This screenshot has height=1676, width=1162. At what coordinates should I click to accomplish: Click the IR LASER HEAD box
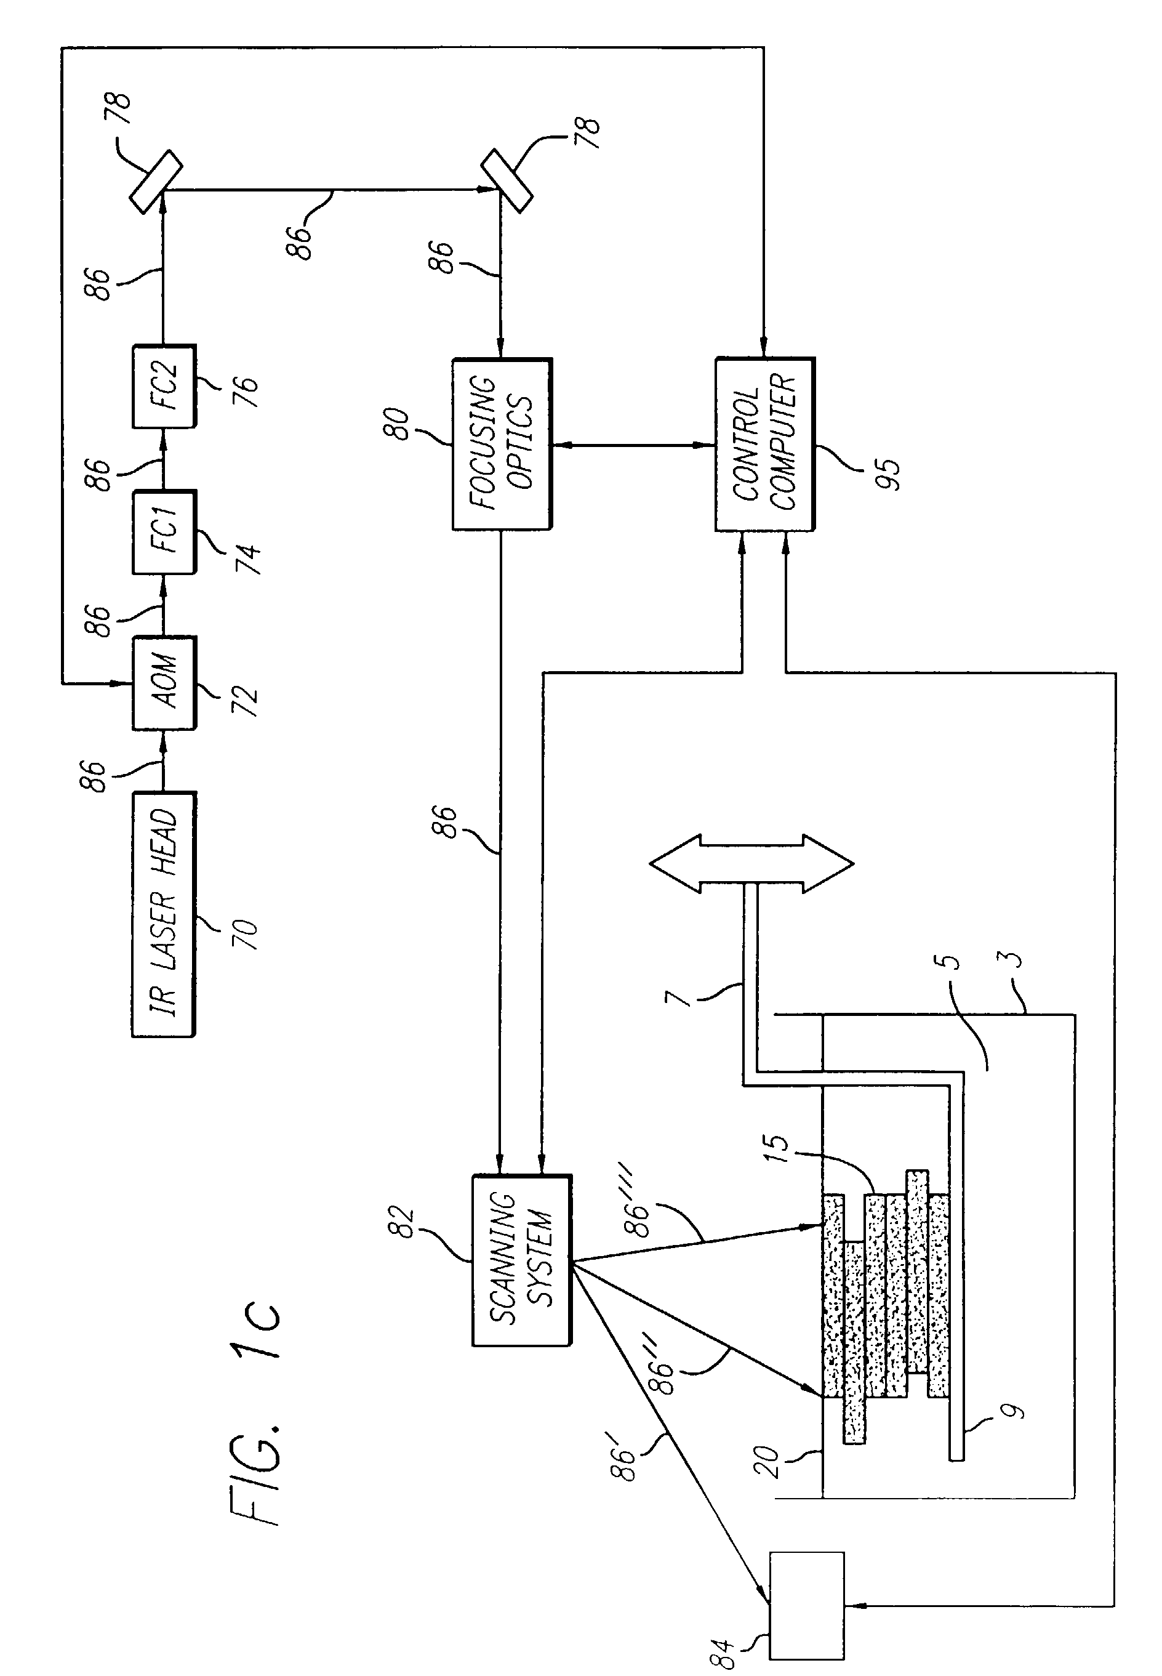[163, 914]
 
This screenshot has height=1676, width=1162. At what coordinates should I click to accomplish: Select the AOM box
[164, 682]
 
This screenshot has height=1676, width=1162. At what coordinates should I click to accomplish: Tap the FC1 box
[164, 533]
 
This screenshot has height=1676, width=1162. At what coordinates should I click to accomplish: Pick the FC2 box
[164, 386]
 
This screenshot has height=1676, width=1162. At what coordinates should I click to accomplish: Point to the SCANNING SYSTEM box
[522, 1260]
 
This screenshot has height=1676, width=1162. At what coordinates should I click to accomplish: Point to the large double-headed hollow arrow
[751, 864]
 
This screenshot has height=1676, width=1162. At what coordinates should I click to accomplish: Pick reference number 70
[246, 934]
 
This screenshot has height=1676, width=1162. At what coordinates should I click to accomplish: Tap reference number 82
[402, 1223]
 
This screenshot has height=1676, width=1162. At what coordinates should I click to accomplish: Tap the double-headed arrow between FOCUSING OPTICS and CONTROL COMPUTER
[632, 445]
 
